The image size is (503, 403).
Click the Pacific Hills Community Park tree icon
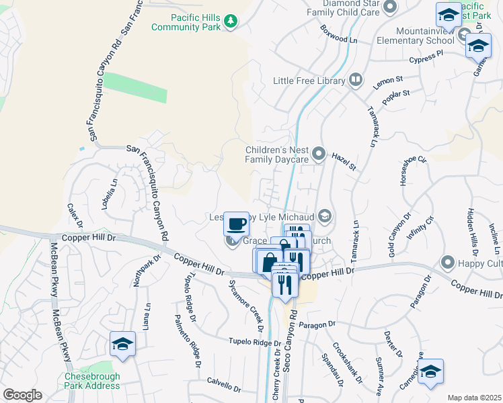tap(231, 21)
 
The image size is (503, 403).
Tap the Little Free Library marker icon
tap(356, 81)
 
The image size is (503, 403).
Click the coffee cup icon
tap(236, 223)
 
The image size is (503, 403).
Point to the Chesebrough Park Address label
tap(92, 381)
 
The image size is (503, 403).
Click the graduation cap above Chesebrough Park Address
tap(122, 344)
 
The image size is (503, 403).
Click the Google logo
tap(22, 395)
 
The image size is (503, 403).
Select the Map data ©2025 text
tap(474, 398)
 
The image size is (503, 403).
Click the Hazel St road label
tap(344, 161)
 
